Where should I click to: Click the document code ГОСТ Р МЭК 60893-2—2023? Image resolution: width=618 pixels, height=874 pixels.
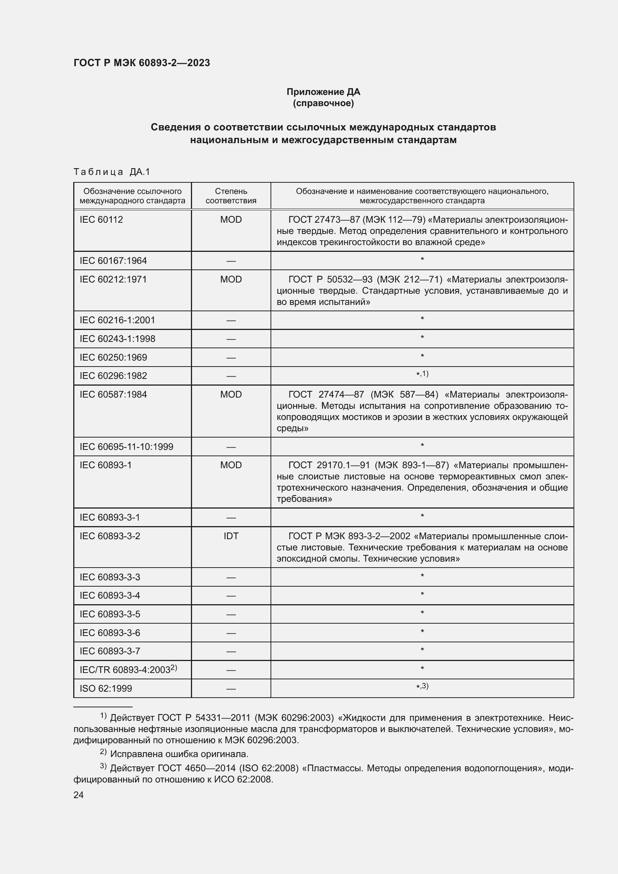coord(142,63)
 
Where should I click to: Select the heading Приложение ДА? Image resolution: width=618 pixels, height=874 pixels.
coord(323,92)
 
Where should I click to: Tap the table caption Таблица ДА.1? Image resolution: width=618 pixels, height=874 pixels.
coord(112,172)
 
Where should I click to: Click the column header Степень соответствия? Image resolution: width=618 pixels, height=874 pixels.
coord(231,196)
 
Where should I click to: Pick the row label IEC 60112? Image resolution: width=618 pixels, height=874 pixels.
coord(101,220)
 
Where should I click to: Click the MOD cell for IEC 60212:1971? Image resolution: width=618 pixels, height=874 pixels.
coord(231,280)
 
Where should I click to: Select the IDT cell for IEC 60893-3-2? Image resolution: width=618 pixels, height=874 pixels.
coord(231,536)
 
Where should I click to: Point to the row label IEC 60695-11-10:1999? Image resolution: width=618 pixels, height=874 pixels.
coord(126,447)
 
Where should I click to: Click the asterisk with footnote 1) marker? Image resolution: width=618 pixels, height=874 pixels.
coord(422,374)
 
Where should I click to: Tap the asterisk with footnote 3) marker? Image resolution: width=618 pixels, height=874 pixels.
coord(422,686)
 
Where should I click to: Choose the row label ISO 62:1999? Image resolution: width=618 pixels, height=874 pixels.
coord(106,688)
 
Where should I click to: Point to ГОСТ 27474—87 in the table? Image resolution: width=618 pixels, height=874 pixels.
coord(326,394)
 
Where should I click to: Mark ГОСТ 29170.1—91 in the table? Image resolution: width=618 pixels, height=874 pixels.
coord(329,465)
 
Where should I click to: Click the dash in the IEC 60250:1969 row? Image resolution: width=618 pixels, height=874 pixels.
coord(231,358)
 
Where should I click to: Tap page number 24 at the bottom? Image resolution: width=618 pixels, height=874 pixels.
coord(78,795)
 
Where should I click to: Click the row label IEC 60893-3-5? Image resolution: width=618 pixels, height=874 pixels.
coord(109,614)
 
